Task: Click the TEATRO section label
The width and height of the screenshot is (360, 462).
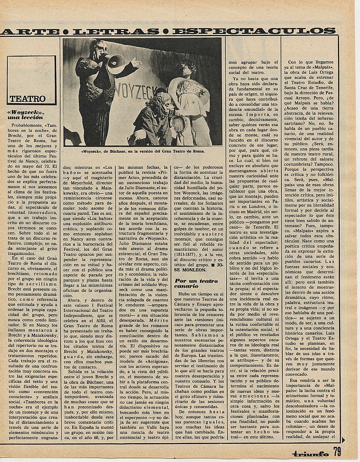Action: pyautogui.click(x=28, y=98)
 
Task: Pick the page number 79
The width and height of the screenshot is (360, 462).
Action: pyautogui.click(x=337, y=452)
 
